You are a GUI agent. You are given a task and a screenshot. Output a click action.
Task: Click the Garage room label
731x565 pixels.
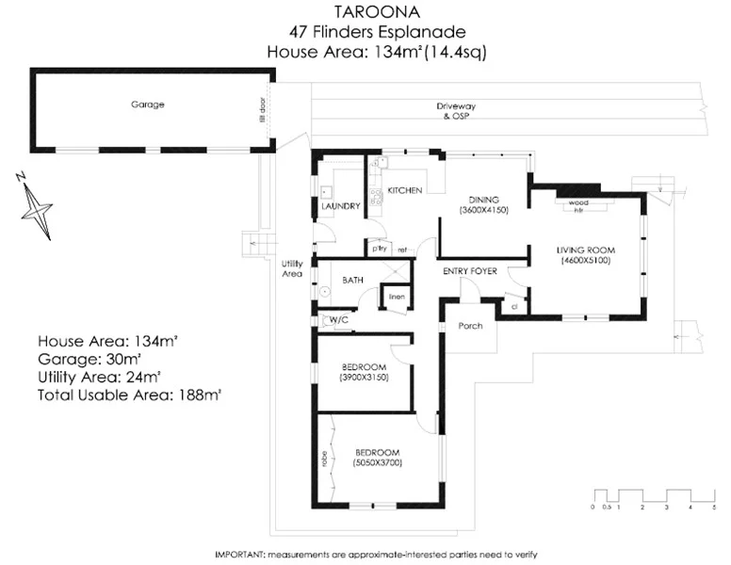(x=147, y=105)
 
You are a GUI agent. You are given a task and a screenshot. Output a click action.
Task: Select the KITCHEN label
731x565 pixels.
(x=404, y=191)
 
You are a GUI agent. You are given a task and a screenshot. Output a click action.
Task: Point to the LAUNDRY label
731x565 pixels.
(x=340, y=206)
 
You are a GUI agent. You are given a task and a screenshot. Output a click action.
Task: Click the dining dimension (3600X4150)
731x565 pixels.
(x=484, y=211)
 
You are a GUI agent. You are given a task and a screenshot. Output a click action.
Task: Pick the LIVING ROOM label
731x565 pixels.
(x=586, y=250)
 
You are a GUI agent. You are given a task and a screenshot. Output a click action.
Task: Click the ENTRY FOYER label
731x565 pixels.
(x=470, y=271)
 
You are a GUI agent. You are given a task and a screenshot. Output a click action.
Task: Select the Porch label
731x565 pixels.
(x=470, y=326)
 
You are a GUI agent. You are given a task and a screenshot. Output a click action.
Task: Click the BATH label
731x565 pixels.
(x=353, y=280)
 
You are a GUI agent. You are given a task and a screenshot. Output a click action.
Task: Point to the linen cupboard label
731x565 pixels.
(x=397, y=298)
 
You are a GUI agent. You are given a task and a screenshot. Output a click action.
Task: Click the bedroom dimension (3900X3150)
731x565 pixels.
(x=364, y=377)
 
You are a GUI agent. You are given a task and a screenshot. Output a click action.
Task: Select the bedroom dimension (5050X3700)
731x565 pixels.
(x=377, y=463)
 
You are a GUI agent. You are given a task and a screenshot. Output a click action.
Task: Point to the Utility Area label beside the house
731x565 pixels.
(x=292, y=268)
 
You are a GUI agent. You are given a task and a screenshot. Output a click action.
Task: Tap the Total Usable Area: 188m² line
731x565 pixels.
(x=129, y=395)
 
